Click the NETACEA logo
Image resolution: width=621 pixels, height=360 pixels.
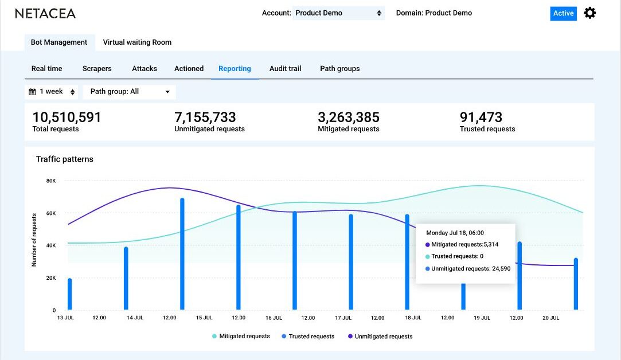[45, 13]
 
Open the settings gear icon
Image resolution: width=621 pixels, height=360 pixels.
[589, 13]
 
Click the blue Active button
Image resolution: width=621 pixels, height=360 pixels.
[563, 13]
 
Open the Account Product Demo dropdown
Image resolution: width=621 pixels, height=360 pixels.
[338, 13]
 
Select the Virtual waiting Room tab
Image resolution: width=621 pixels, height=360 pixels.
[137, 42]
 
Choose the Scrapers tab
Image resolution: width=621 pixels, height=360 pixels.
[97, 69]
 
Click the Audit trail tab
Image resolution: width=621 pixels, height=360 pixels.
[285, 69]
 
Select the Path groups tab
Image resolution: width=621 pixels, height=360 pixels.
[339, 69]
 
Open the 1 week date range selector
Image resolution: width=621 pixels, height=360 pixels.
[52, 92]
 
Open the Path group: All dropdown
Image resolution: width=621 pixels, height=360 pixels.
[130, 92]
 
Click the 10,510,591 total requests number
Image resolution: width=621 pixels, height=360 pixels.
[67, 118]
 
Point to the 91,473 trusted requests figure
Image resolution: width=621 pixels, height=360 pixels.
[481, 118]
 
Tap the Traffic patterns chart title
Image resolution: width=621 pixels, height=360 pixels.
[64, 159]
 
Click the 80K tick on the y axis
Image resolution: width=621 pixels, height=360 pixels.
[51, 181]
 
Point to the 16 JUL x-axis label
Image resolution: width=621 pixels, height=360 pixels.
[273, 318]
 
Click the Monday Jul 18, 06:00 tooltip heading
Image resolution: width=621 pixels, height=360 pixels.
[455, 233]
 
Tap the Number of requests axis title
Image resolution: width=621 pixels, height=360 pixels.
[34, 240]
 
